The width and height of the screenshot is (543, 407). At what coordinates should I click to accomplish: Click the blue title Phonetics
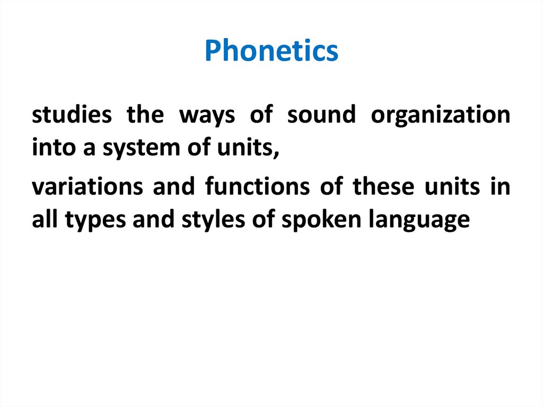271,51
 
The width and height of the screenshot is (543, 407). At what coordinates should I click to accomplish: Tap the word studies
72,115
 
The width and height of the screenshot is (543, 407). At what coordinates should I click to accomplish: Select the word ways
204,115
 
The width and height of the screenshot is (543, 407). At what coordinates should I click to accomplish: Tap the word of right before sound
261,115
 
